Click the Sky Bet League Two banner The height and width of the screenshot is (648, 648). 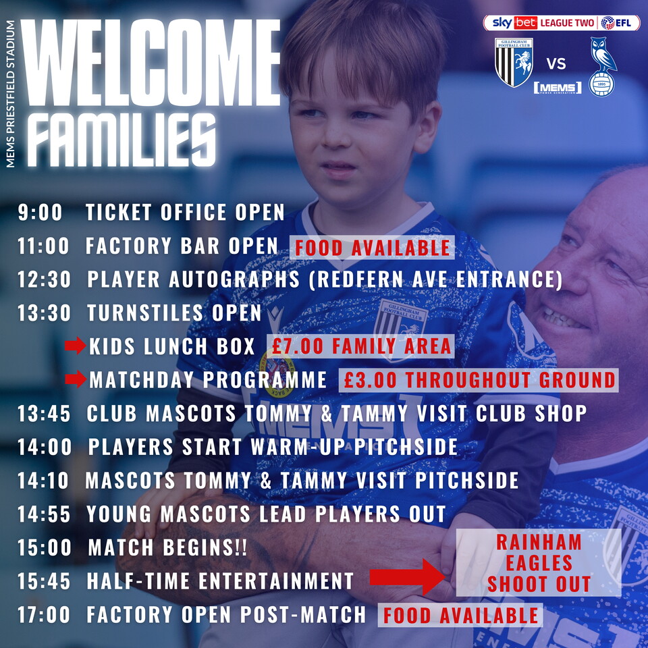561,23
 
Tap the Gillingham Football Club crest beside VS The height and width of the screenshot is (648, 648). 514,62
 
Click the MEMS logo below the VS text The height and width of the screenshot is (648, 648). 558,88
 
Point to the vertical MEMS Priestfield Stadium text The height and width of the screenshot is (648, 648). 11,94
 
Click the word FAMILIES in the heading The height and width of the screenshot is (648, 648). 123,140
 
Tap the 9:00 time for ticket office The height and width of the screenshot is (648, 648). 40,213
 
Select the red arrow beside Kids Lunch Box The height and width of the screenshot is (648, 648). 75,346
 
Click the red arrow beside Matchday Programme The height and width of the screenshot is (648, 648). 76,379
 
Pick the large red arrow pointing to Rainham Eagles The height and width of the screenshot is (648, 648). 407,577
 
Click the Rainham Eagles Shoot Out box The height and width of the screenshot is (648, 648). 539,562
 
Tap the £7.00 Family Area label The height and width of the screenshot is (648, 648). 360,346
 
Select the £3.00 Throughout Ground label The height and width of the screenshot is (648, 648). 479,380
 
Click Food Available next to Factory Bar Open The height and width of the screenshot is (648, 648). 372,248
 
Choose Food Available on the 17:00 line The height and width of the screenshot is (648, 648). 460,615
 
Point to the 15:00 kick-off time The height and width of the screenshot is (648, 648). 45,547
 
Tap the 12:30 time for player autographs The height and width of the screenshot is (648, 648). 44,279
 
